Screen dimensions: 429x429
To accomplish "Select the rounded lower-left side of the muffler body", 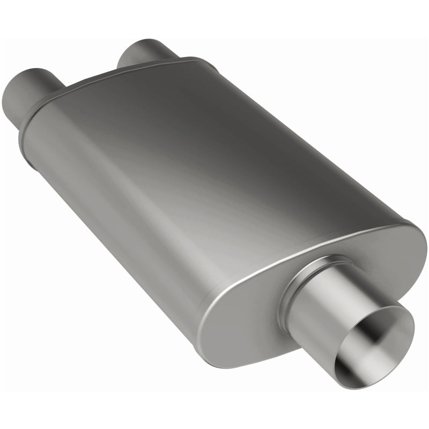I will click(x=107, y=214).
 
